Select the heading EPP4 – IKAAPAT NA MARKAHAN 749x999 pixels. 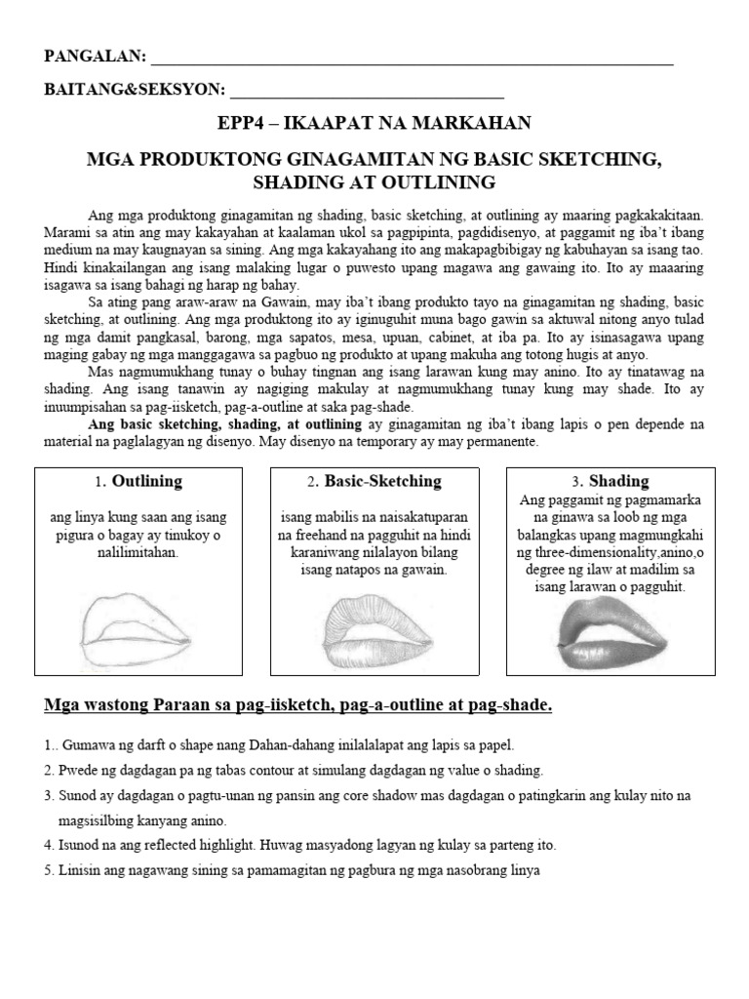point(374,122)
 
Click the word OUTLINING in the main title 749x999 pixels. point(444,181)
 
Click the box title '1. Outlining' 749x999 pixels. point(138,482)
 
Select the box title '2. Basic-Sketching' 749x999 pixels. point(374,482)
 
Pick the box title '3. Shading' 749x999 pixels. point(611,482)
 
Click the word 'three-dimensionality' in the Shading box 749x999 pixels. point(593,552)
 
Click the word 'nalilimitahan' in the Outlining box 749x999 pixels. point(138,552)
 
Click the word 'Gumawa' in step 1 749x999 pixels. point(82,743)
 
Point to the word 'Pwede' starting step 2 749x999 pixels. point(79,770)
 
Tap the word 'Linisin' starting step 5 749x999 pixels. point(81,870)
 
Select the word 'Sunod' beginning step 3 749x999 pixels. point(79,795)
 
